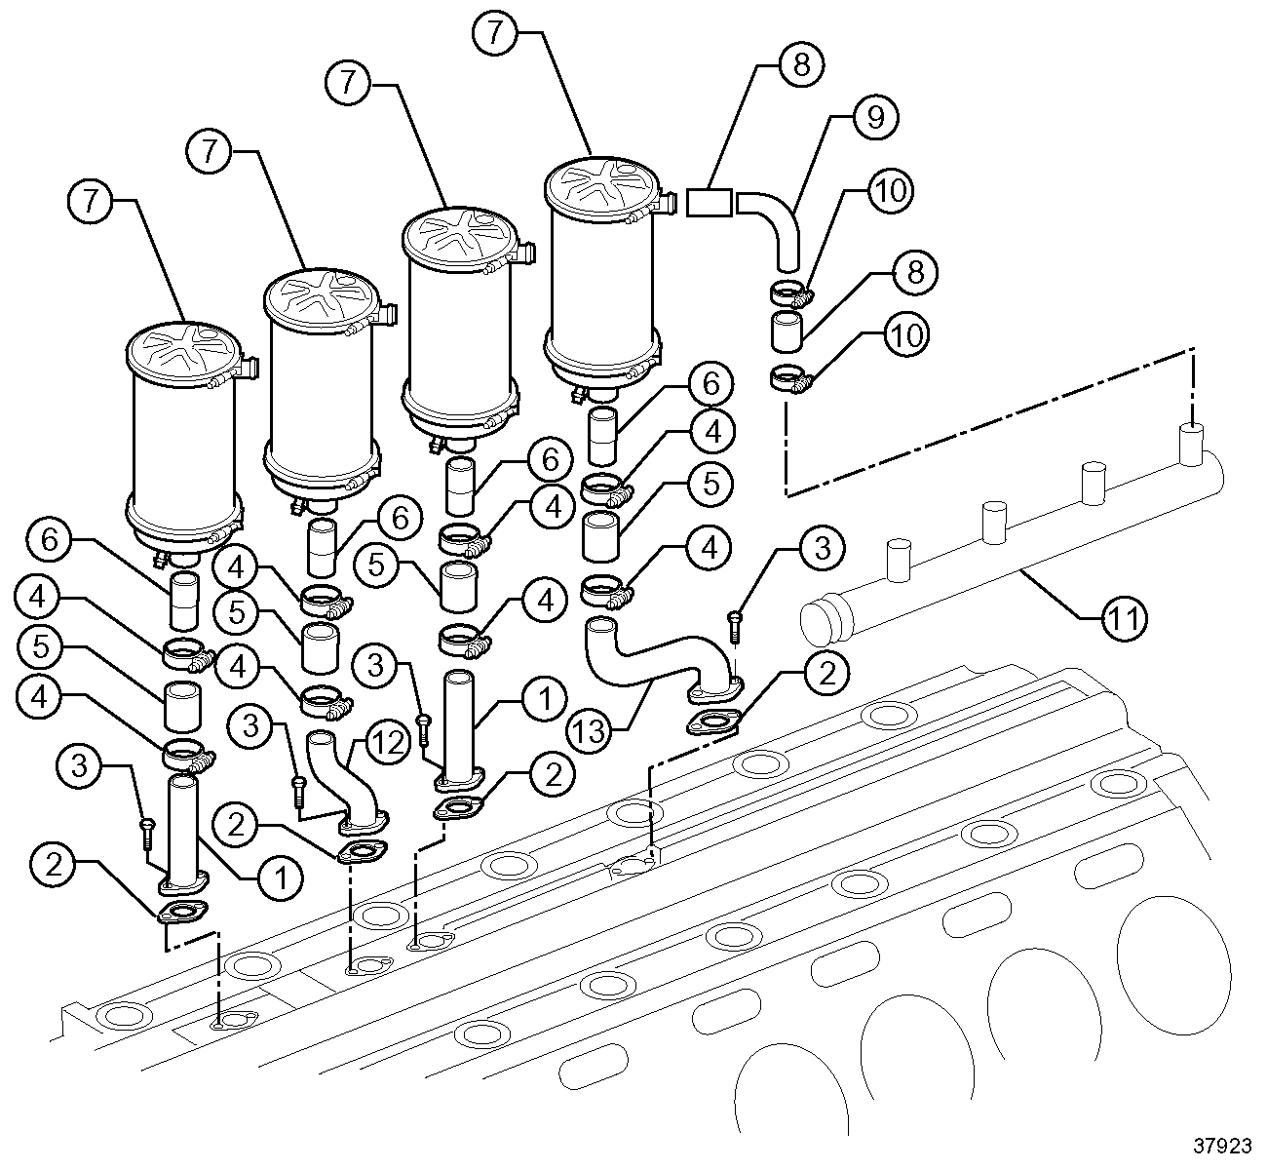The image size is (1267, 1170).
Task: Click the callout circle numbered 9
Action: click(x=874, y=117)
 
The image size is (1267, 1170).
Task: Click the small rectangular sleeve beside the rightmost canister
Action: click(x=710, y=202)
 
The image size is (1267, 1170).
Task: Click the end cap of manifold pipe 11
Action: click(x=821, y=621)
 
